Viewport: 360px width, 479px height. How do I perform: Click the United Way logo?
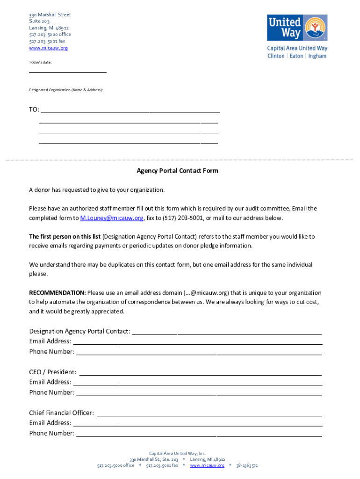297,28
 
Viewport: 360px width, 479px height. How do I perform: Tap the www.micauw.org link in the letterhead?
48,48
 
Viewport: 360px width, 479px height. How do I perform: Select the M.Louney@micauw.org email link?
112,218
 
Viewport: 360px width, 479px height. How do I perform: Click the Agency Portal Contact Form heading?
177,171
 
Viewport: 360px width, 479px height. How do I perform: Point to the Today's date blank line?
68,72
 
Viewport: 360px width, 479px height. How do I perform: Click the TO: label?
34,109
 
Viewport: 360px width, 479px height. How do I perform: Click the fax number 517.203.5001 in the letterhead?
47,41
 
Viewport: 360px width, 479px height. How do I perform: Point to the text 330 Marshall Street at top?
50,15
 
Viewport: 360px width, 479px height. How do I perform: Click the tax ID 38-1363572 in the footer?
247,465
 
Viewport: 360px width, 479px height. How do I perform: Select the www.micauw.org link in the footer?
207,465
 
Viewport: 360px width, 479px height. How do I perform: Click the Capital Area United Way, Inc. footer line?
177,453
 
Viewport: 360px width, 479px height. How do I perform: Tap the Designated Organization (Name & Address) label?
66,89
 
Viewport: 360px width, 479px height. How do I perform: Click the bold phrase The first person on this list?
65,237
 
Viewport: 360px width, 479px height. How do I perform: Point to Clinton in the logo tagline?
276,56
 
